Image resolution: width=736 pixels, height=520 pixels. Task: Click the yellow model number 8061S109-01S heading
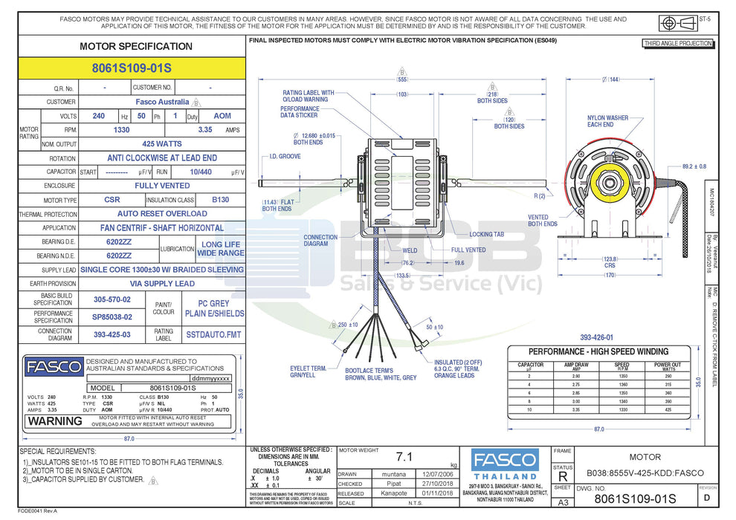132,68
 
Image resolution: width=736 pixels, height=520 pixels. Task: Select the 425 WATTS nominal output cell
162,143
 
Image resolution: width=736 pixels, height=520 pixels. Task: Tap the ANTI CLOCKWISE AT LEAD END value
162,157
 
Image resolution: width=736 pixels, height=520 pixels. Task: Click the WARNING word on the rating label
55,420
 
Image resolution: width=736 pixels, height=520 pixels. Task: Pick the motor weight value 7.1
404,456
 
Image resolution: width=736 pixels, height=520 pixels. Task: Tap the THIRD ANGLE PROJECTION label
678,44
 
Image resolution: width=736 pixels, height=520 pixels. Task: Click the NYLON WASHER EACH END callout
607,121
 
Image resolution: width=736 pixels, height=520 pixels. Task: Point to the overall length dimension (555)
402,79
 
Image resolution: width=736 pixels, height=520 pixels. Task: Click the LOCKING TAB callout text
487,234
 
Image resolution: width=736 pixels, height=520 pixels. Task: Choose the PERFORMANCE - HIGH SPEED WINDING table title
598,351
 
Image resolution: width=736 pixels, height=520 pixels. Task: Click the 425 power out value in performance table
667,409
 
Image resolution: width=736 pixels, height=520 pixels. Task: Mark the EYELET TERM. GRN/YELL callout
309,371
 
